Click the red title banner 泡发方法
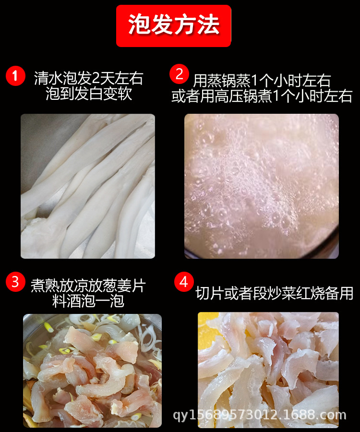click(174, 25)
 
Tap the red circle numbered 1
click(15, 76)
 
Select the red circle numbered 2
click(179, 74)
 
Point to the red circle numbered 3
click(15, 282)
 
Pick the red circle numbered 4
click(184, 282)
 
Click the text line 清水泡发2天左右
click(89, 78)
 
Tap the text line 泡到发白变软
click(89, 94)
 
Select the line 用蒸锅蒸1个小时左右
click(262, 81)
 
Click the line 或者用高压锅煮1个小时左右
click(262, 96)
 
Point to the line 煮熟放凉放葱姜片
click(88, 286)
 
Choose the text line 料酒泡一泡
click(88, 301)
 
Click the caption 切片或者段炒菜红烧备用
click(275, 293)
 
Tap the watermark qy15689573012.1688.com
click(260, 415)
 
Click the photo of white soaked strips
click(88, 186)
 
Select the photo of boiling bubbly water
click(262, 186)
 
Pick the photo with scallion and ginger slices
click(92, 371)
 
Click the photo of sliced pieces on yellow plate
click(268, 370)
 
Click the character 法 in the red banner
click(208, 25)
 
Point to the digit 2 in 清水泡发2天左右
click(96, 79)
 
